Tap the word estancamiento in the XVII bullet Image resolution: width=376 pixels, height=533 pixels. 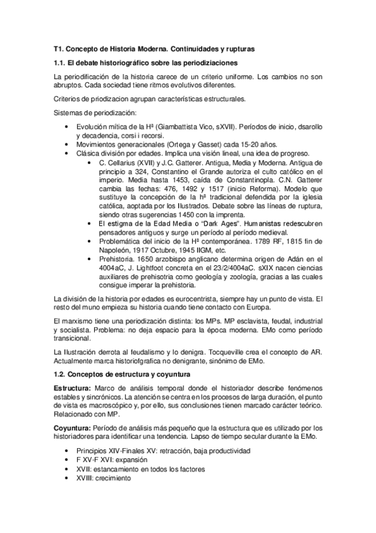115,469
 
